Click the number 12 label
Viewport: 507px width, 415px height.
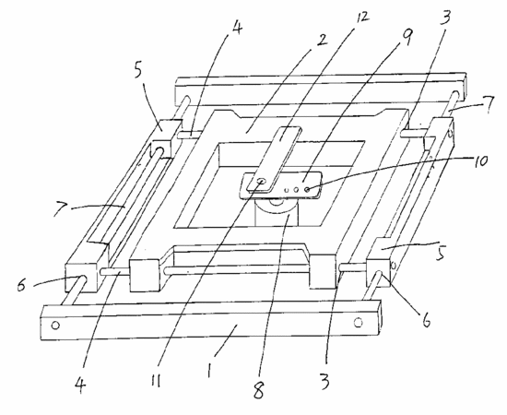(362, 18)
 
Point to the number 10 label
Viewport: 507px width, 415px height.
(481, 160)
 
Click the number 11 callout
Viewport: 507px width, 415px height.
(156, 382)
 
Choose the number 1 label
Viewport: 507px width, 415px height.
(210, 371)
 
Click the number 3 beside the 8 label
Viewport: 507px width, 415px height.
(324, 381)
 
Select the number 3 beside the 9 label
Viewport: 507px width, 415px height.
(446, 17)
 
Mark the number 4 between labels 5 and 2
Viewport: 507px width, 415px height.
(237, 29)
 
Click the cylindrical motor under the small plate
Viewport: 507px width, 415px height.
(277, 212)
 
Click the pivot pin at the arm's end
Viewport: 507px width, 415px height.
(261, 182)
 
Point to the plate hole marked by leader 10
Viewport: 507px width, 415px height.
(307, 190)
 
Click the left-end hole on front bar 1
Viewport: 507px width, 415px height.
(55, 325)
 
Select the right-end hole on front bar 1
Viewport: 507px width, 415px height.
(358, 323)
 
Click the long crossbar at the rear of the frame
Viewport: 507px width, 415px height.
(321, 88)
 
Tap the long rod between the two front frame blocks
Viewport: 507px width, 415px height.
(236, 270)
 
